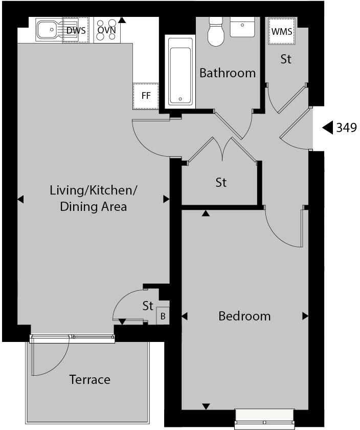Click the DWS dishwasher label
[76, 30]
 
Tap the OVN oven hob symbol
[106, 30]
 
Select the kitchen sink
[49, 30]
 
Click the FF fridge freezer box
[146, 96]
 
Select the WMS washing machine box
[282, 31]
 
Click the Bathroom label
[228, 73]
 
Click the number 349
[346, 127]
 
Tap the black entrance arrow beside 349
[327, 127]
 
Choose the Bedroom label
[244, 316]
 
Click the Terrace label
[90, 380]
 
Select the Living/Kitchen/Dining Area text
[94, 199]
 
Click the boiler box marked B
[163, 316]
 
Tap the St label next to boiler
[148, 306]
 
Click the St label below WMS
[286, 59]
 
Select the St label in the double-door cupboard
[221, 182]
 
